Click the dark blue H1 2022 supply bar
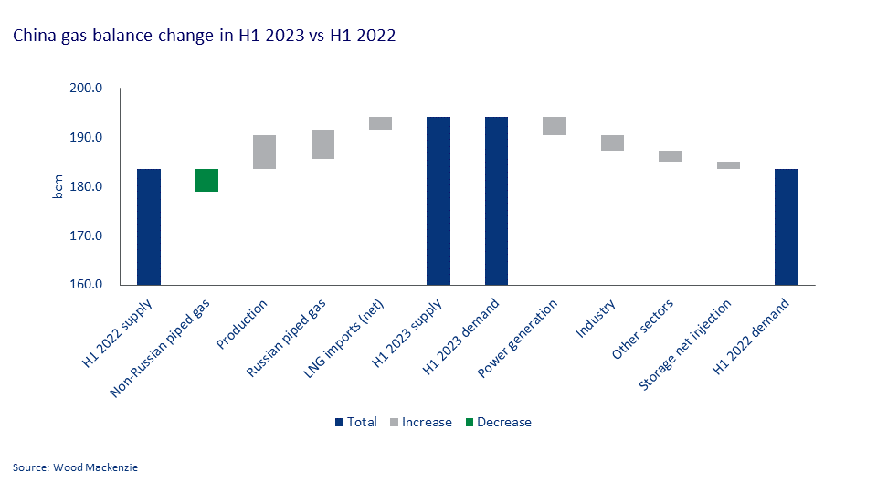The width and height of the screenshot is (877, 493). click(x=149, y=226)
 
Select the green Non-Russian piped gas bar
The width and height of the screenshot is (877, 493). click(x=206, y=180)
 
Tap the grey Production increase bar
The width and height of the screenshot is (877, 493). click(x=264, y=152)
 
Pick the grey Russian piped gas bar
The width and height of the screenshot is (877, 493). click(x=322, y=144)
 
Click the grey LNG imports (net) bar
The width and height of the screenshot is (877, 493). click(x=380, y=123)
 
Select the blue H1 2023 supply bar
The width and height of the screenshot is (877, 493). click(x=438, y=201)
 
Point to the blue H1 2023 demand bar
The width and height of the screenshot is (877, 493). click(x=496, y=201)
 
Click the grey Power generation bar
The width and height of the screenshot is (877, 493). click(x=555, y=126)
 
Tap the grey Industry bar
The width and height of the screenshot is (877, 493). click(x=612, y=142)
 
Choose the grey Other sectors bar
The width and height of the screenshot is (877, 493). click(x=671, y=156)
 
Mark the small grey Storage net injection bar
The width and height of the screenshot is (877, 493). click(x=728, y=165)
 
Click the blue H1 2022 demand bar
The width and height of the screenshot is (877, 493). click(x=787, y=226)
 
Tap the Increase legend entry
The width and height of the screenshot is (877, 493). click(x=427, y=422)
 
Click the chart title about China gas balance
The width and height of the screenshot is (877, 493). click(x=203, y=37)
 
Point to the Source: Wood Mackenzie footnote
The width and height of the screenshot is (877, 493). click(x=76, y=467)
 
